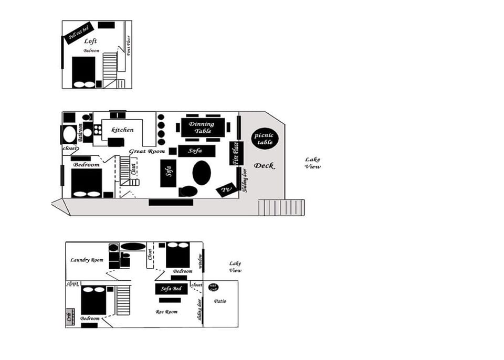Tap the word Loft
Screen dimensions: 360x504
click(90, 41)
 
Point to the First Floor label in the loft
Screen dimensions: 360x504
click(129, 46)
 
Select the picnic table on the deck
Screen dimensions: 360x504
click(265, 139)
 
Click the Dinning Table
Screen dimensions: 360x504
click(201, 128)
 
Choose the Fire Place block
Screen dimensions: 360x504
click(236, 153)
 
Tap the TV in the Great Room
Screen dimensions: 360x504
click(226, 190)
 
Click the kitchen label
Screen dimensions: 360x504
click(122, 130)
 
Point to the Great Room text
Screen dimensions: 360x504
click(144, 152)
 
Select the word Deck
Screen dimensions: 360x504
click(264, 166)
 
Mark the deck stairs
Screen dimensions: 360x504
click(280, 207)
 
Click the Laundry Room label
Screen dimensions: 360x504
click(87, 260)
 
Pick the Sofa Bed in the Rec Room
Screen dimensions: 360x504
click(171, 289)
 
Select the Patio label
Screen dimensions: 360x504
click(220, 301)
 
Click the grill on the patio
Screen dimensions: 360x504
click(213, 287)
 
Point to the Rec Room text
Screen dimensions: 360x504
click(166, 312)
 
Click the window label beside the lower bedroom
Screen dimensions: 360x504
click(200, 261)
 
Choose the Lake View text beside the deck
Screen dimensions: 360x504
click(313, 163)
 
